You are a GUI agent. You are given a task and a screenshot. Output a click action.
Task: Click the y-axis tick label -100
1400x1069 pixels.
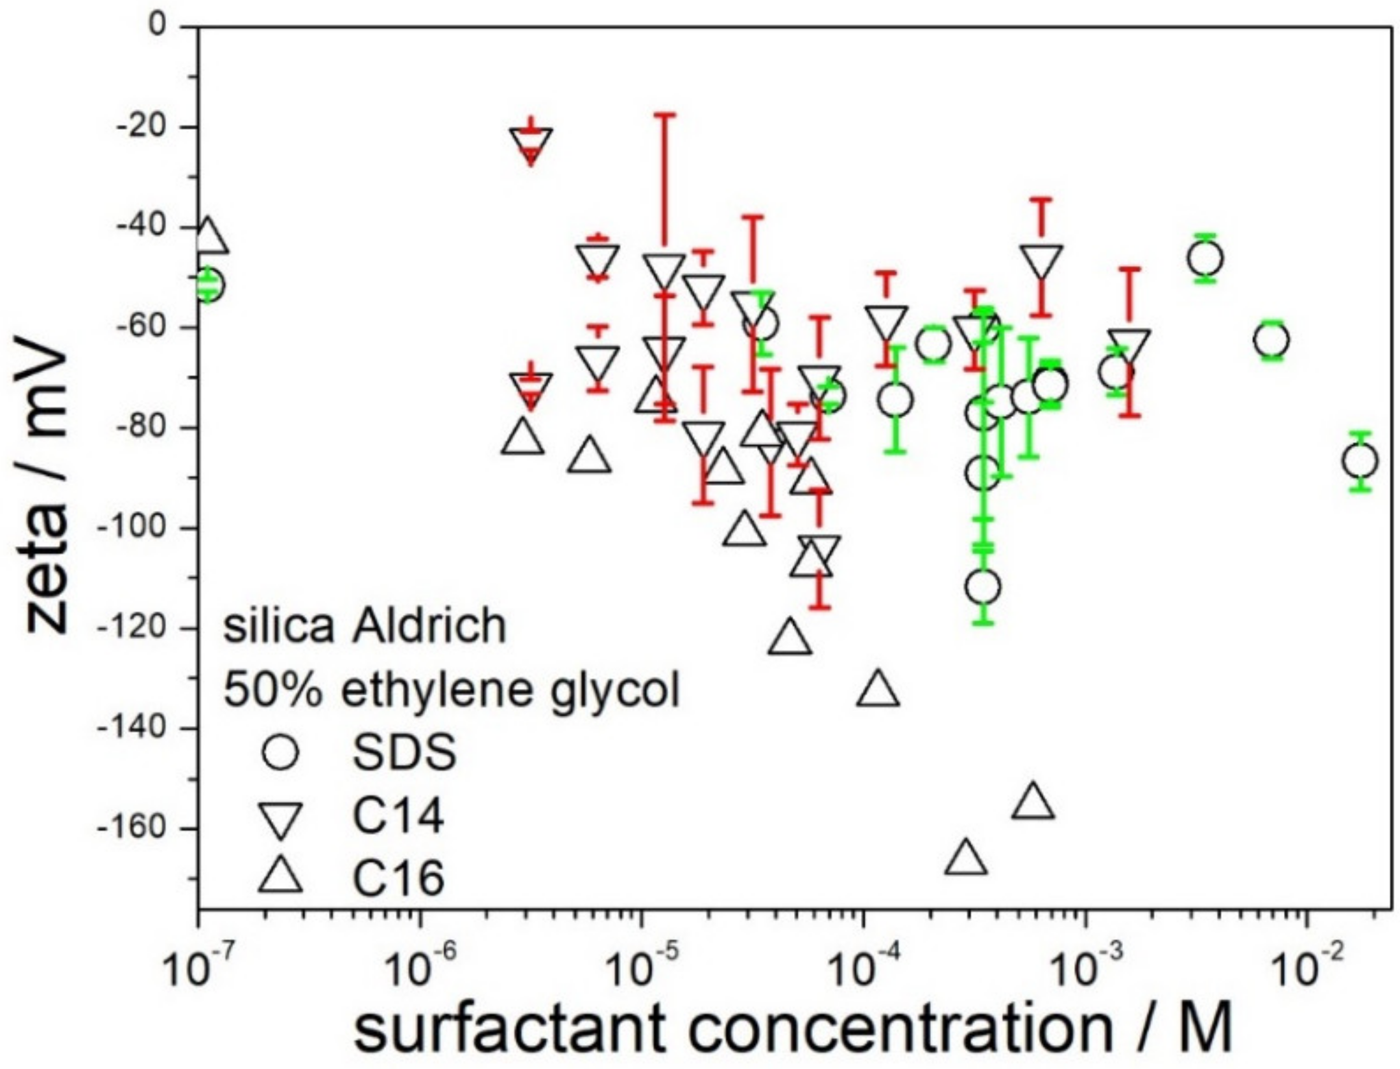click(x=130, y=528)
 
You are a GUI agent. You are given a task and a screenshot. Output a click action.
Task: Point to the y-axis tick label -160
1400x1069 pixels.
click(x=130, y=828)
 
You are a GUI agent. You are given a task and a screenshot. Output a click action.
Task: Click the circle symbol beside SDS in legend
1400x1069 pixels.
click(x=280, y=752)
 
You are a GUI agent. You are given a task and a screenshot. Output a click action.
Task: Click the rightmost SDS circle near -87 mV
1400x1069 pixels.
click(x=1360, y=461)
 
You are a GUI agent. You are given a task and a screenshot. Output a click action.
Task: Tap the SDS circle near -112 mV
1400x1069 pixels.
click(x=982, y=587)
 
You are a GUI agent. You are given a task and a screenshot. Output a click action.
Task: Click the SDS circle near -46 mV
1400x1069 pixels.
click(x=1205, y=258)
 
